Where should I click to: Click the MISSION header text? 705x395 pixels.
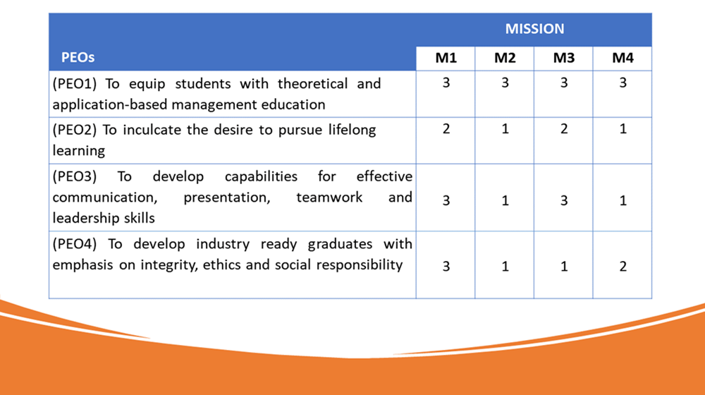534,29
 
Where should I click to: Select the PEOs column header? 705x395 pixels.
78,58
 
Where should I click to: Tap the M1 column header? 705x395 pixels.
446,58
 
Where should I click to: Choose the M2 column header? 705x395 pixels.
505,58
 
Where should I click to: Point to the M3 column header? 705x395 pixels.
563,58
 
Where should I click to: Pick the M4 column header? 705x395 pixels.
623,58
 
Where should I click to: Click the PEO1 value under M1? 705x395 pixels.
446,83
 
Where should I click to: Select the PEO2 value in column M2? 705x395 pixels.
505,129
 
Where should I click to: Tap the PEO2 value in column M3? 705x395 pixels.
564,129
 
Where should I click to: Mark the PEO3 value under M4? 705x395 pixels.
623,200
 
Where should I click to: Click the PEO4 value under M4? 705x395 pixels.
623,267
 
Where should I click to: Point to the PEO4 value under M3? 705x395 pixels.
564,267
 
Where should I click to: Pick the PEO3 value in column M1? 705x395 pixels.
446,200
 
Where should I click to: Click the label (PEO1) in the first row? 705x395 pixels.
75,84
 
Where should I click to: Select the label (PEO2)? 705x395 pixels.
75,130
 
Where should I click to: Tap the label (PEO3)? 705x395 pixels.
75,176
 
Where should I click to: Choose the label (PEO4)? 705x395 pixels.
75,244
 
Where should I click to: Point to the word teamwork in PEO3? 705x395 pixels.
329,197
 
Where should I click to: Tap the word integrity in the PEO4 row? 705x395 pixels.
169,265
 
